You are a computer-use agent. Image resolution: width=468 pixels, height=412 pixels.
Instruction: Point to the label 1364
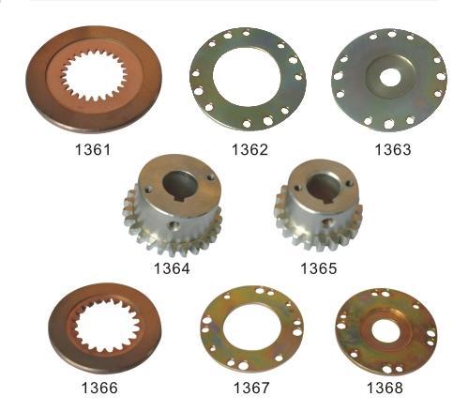[172, 268]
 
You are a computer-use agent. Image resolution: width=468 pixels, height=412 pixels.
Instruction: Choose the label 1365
[318, 268]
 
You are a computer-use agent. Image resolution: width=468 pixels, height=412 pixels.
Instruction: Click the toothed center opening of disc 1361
[98, 74]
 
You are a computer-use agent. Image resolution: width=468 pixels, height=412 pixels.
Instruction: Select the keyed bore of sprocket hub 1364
[176, 183]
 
